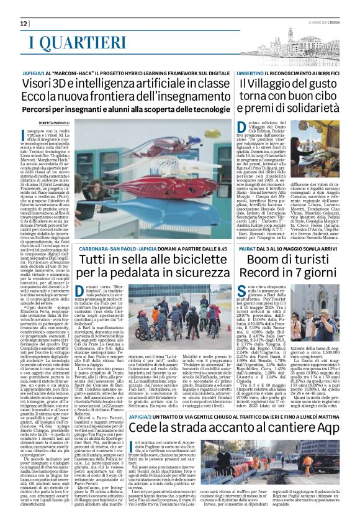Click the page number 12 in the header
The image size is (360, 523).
tap(24, 24)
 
